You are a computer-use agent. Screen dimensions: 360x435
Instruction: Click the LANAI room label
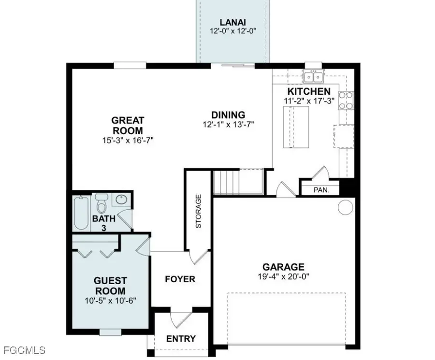pos(232,22)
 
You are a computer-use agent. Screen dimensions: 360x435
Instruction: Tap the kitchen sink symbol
pos(313,76)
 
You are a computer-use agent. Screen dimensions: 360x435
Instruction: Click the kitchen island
pos(296,129)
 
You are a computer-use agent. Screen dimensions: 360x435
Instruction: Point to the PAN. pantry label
pos(321,190)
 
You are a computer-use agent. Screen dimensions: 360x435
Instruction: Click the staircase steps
pos(226,182)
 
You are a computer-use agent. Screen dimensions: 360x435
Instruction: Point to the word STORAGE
pos(198,212)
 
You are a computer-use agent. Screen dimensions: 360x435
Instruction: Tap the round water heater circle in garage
pos(345,207)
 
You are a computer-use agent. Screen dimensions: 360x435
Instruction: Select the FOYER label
pos(180,279)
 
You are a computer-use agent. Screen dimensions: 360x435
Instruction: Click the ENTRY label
pos(181,339)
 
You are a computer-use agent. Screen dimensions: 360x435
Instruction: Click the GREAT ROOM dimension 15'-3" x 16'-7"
pos(128,141)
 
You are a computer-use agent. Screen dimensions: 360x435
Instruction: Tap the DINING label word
pos(228,115)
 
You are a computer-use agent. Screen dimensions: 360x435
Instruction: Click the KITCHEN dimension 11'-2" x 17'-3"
pos(309,101)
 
